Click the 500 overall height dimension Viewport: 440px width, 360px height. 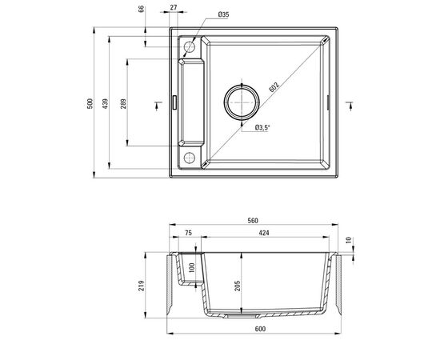(x=101, y=106)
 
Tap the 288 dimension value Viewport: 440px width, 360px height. (x=124, y=106)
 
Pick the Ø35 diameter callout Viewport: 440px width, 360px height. (x=223, y=14)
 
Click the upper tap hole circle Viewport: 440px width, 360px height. (x=190, y=47)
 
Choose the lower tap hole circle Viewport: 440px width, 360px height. (x=190, y=157)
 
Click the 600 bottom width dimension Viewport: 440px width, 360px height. (x=254, y=330)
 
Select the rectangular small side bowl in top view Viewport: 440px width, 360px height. (x=190, y=102)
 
